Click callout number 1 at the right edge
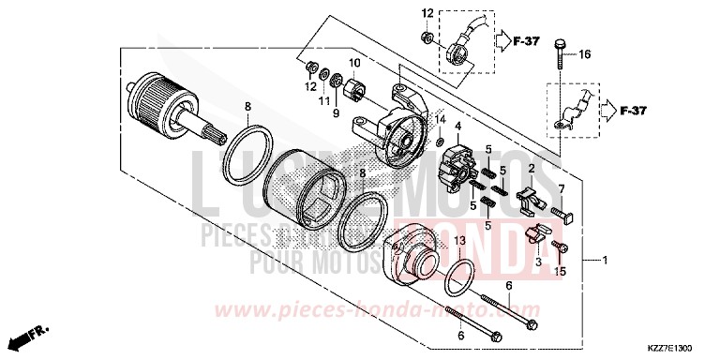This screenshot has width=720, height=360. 606,259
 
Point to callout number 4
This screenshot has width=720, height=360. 458,127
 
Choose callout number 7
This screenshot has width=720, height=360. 562,190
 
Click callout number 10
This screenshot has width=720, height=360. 355,64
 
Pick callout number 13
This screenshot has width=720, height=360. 460,241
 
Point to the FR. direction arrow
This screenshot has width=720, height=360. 28,336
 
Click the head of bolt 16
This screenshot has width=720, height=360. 562,44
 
